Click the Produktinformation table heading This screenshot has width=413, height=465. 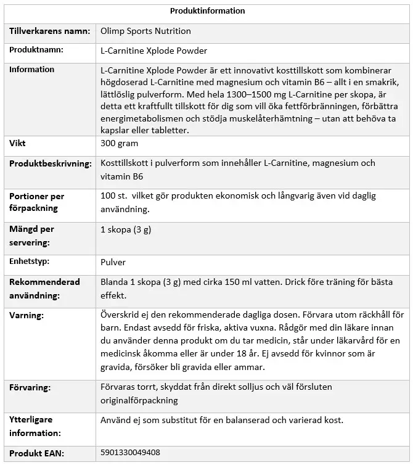[207, 11]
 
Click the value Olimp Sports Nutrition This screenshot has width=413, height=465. [145, 31]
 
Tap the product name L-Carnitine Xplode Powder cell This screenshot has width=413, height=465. [153, 51]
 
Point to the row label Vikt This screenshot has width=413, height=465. [17, 143]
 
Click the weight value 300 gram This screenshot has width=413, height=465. [119, 143]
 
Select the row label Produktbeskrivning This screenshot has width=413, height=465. [50, 163]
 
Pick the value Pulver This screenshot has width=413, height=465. [113, 262]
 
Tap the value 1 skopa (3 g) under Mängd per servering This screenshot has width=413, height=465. [126, 229]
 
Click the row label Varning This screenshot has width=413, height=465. [27, 315]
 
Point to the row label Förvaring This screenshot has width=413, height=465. [30, 388]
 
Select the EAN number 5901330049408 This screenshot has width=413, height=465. [129, 453]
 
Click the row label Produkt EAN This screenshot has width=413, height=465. [36, 453]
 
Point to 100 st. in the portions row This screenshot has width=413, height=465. [113, 196]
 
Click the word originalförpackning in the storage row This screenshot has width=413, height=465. [139, 400]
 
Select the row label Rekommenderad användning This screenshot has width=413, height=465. [44, 289]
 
